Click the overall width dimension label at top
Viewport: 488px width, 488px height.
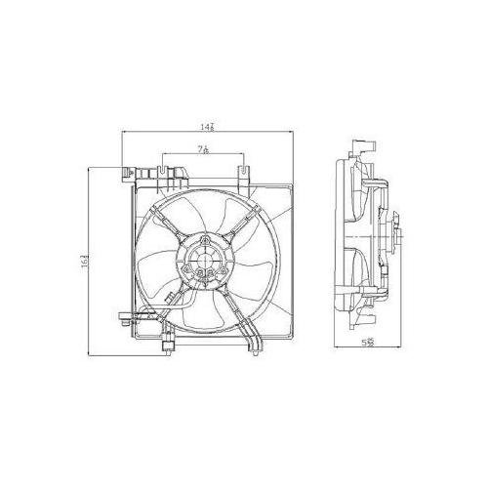point(207,126)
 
